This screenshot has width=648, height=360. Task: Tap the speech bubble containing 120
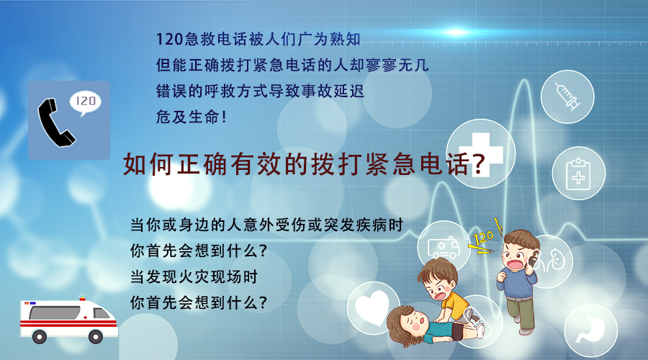tap(85, 103)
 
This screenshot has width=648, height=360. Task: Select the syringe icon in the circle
tap(567, 95)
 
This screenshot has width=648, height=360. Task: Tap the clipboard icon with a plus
tap(577, 174)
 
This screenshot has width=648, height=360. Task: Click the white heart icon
tap(374, 308)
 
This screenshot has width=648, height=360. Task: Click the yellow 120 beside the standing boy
tap(482, 237)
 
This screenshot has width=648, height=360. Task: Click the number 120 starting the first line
tap(167, 37)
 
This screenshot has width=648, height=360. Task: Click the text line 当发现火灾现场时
tap(193, 276)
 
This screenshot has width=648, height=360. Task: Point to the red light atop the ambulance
tap(81, 295)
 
